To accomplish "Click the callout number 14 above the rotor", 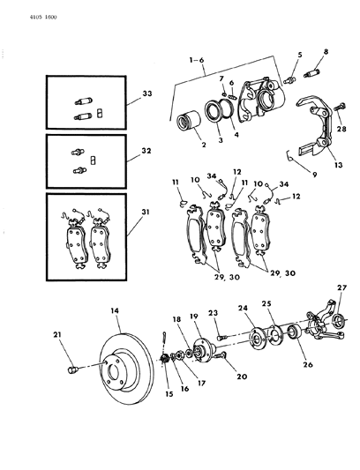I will [114, 311].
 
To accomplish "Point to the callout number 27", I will [341, 287].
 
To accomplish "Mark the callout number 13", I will [313, 165].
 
